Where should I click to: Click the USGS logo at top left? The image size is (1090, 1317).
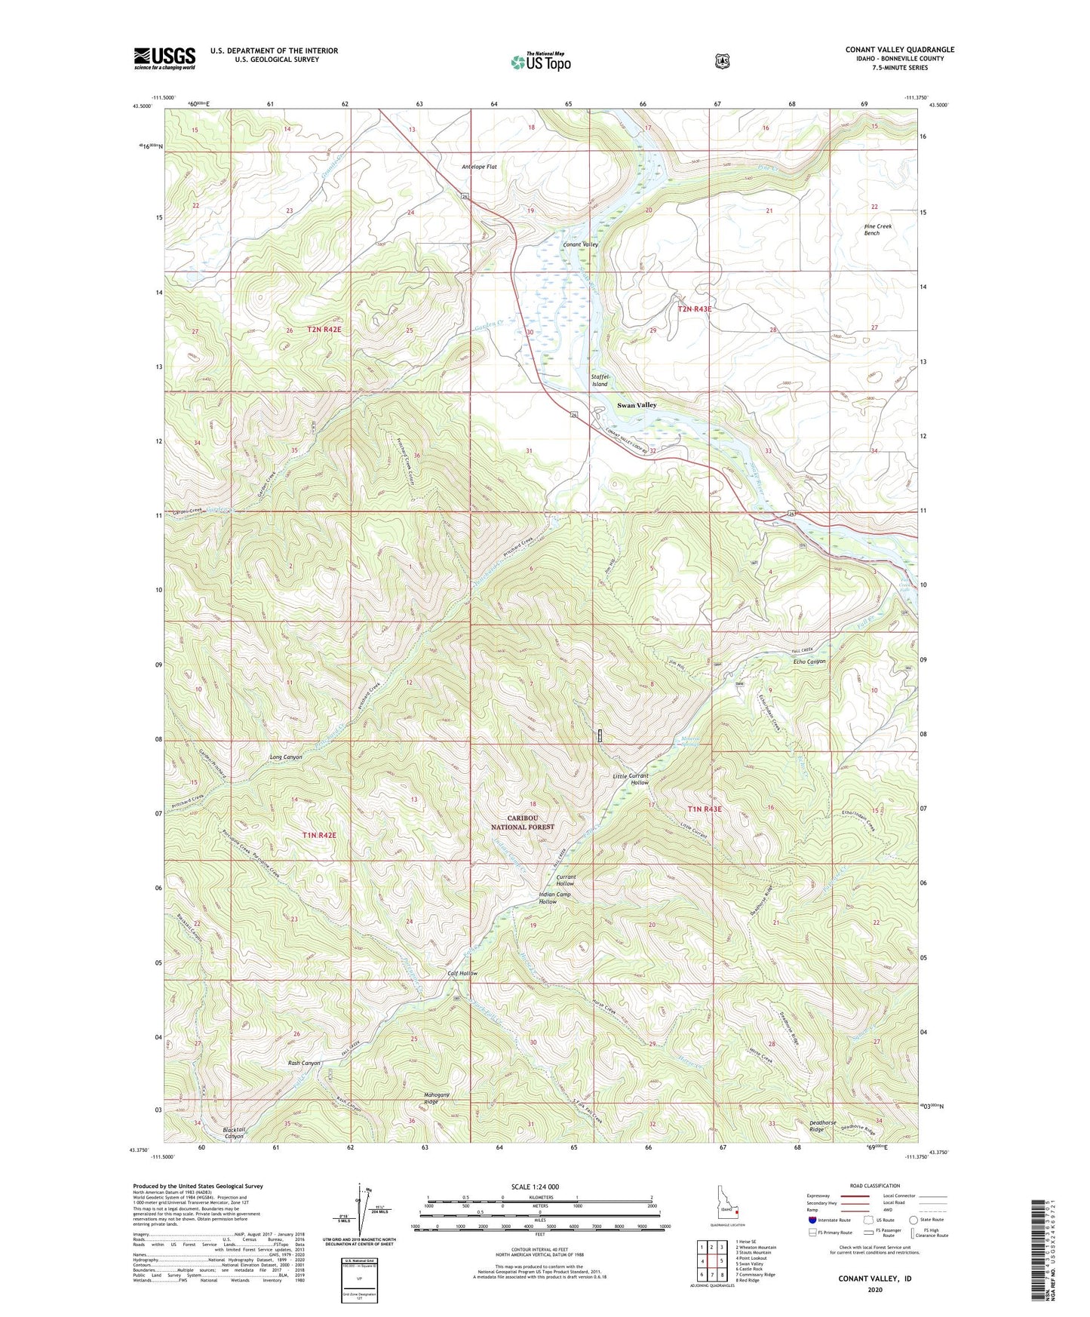pyautogui.click(x=164, y=58)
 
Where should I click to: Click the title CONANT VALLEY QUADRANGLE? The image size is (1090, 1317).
pyautogui.click(x=899, y=50)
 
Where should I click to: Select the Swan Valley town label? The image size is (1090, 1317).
pyautogui.click(x=637, y=405)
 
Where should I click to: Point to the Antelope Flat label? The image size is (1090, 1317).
pyautogui.click(x=479, y=167)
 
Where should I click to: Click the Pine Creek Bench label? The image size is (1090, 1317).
pyautogui.click(x=877, y=230)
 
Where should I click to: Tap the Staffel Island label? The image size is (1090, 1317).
pyautogui.click(x=599, y=380)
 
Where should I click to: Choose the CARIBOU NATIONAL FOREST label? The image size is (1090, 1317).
pyautogui.click(x=523, y=822)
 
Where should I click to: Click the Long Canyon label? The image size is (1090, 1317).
pyautogui.click(x=286, y=757)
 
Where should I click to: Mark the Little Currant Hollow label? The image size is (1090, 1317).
pyautogui.click(x=631, y=779)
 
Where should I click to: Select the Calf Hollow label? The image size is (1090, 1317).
pyautogui.click(x=462, y=973)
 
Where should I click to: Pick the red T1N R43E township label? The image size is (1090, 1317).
pyautogui.click(x=704, y=809)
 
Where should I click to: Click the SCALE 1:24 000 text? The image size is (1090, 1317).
pyautogui.click(x=535, y=1187)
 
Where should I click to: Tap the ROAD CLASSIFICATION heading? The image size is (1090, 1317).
pyautogui.click(x=874, y=1186)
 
